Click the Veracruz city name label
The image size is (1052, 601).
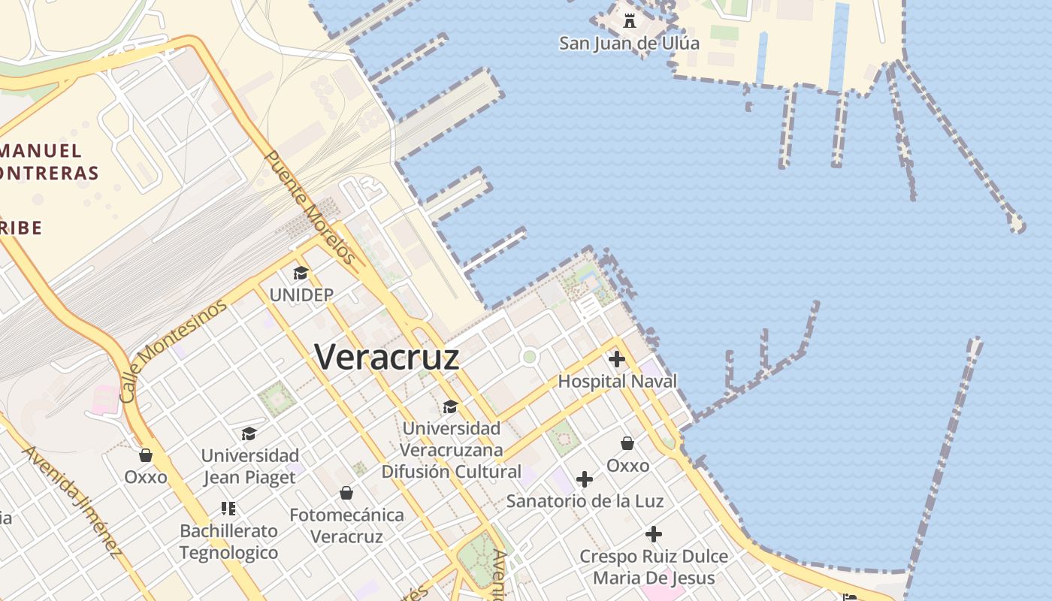(386, 357)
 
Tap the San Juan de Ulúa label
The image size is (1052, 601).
(629, 43)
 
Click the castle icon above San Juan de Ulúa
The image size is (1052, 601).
(630, 21)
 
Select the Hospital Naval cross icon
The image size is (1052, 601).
(617, 359)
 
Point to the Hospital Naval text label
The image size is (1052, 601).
(617, 382)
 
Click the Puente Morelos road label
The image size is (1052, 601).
(310, 207)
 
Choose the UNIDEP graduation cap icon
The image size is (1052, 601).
(301, 273)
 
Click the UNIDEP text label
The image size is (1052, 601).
(301, 295)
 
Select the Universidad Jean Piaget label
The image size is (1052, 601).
(249, 466)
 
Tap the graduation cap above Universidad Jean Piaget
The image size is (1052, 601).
(249, 433)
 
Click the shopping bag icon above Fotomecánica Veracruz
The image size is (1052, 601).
(346, 493)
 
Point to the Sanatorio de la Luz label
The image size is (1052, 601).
(585, 500)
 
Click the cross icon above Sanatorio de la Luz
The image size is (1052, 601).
(585, 479)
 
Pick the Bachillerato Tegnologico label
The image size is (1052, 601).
(228, 542)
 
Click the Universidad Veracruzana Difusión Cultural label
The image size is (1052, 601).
(451, 450)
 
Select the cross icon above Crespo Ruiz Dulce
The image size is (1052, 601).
(654, 534)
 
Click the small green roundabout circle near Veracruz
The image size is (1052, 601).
(530, 356)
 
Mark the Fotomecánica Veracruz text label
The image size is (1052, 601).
(346, 526)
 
